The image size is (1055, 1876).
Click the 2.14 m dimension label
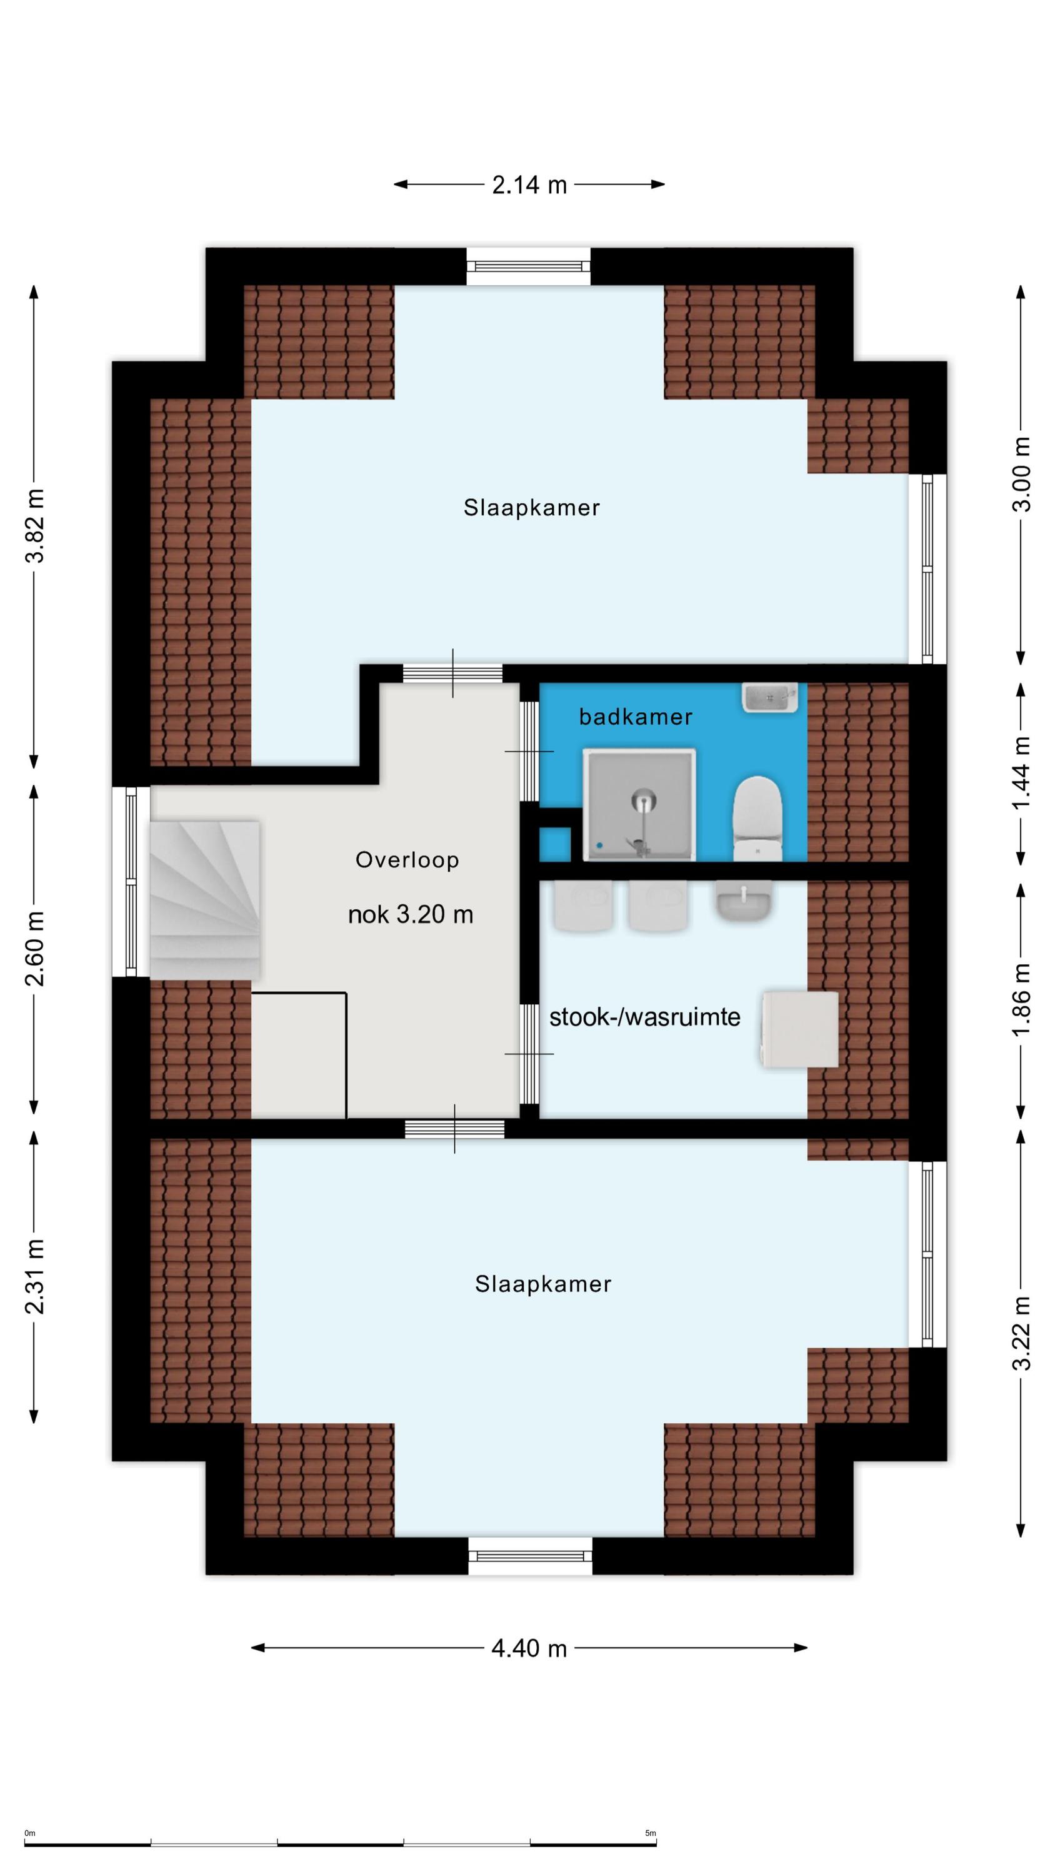pos(529,185)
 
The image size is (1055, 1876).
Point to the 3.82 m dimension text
pos(35,526)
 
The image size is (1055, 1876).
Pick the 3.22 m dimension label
pos(1021,1333)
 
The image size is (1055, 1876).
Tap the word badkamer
pos(636,717)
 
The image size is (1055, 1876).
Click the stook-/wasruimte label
pos(645,1017)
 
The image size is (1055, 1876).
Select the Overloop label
pos(407,860)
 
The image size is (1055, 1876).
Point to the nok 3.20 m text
pos(411,915)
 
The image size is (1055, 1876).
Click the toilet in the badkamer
pos(757,818)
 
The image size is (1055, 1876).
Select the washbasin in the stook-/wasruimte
pos(742,901)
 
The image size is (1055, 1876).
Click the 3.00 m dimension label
pos(1021,474)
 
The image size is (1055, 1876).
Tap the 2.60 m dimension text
pos(35,948)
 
